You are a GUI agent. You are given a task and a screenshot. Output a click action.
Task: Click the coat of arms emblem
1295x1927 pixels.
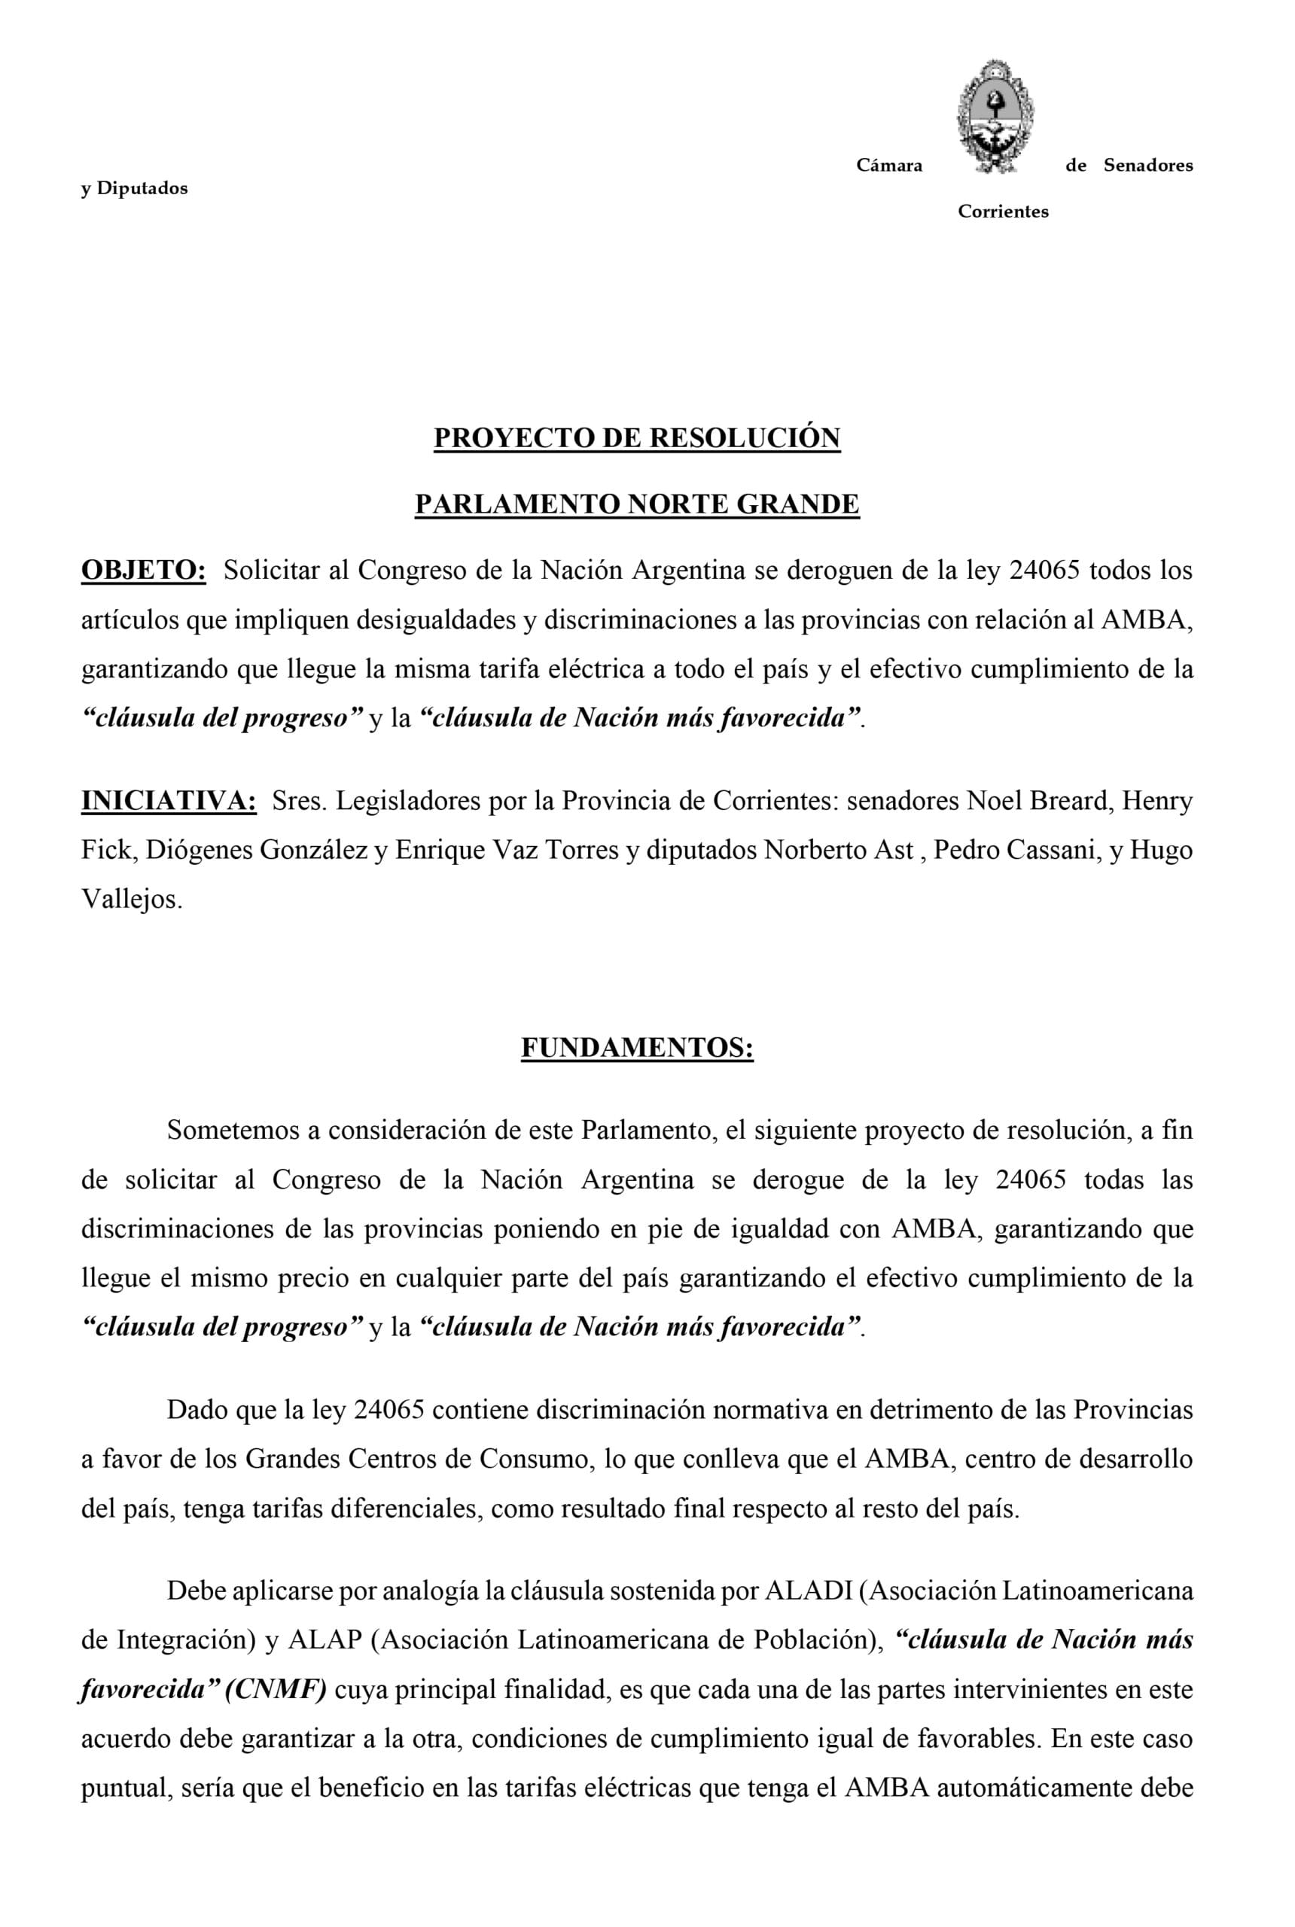(995, 117)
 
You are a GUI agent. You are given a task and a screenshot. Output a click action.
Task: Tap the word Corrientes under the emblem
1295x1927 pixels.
(1003, 212)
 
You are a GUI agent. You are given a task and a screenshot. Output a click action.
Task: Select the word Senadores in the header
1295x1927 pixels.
(1148, 166)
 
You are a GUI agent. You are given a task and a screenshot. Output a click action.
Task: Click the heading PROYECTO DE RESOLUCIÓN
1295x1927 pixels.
(637, 438)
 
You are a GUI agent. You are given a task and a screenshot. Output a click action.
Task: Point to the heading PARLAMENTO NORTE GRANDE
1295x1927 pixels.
(637, 504)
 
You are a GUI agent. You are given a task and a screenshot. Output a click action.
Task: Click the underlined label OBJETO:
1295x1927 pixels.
(144, 571)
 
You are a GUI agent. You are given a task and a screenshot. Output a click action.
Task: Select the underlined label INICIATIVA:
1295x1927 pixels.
(169, 801)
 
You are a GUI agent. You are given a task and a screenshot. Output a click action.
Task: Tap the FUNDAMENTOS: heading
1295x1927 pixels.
(637, 1048)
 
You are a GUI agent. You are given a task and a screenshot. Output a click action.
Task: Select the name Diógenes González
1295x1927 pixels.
(257, 851)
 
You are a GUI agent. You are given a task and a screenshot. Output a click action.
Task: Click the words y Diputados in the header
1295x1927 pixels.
(134, 189)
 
